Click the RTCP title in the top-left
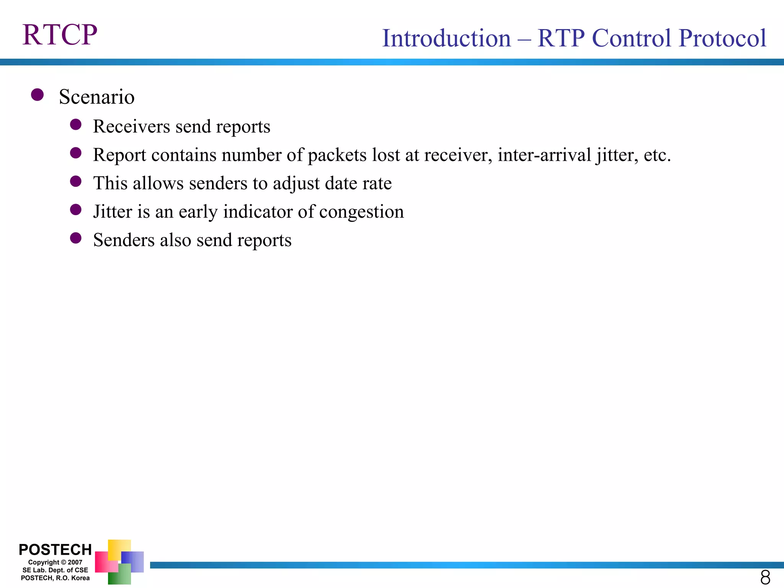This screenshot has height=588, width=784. pyautogui.click(x=60, y=35)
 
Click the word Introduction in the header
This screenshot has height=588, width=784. pyautogui.click(x=446, y=38)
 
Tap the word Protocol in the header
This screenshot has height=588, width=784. pyautogui.click(x=722, y=38)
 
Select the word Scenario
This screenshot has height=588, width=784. pyautogui.click(x=96, y=97)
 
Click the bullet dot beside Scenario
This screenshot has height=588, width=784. pyautogui.click(x=37, y=95)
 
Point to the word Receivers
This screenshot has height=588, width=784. pyautogui.click(x=131, y=126)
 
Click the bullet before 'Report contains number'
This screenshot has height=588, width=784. pyautogui.click(x=76, y=153)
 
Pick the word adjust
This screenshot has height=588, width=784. pyautogui.click(x=296, y=183)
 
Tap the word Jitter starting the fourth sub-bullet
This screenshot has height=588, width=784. pyautogui.click(x=113, y=212)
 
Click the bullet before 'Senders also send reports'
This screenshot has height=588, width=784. pyautogui.click(x=76, y=238)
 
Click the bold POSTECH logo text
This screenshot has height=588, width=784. pyautogui.click(x=55, y=550)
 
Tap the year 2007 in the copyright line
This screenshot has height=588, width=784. pyautogui.click(x=75, y=562)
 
